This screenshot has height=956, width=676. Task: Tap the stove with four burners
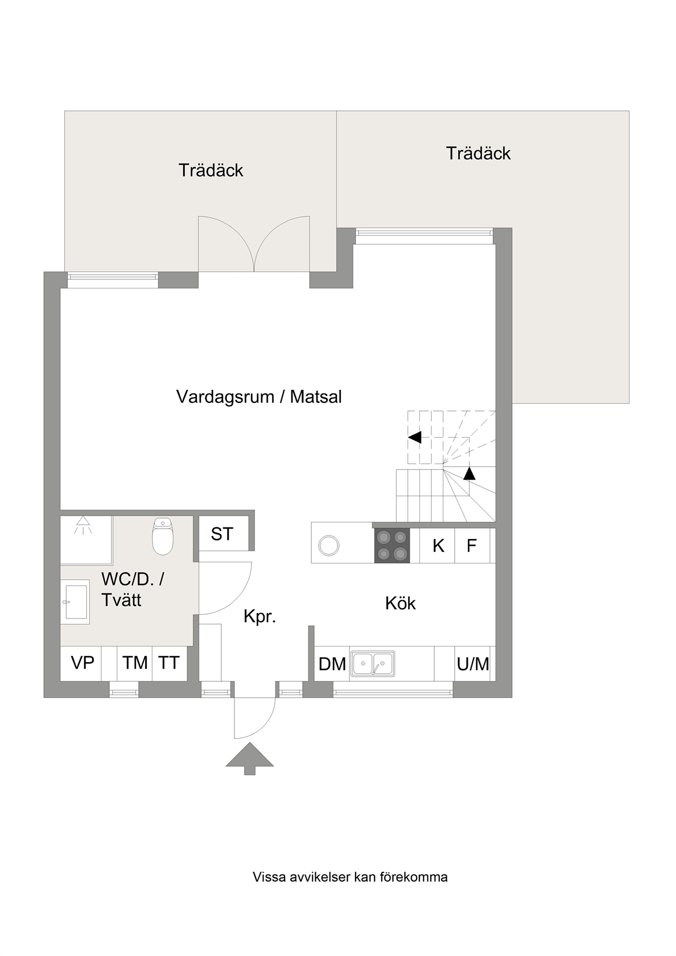392,545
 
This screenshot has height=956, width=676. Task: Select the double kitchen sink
373,664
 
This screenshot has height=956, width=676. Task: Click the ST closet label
222,534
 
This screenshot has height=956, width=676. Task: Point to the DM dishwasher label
332,664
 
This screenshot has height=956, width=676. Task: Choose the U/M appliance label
473,664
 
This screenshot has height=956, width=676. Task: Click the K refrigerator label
438,546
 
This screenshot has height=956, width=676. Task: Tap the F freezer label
472,546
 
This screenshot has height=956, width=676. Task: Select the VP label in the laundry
83,662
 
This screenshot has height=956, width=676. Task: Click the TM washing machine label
135,663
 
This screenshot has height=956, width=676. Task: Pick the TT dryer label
169,663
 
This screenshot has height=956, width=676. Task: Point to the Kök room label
401,603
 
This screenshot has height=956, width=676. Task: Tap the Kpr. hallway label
260,617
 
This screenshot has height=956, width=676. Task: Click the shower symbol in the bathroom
83,525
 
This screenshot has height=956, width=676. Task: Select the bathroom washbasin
75,602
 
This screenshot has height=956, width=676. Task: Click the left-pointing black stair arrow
414,438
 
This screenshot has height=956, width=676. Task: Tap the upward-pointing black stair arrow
469,473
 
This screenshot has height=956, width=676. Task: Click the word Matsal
316,397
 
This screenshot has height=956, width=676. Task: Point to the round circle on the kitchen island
329,546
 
